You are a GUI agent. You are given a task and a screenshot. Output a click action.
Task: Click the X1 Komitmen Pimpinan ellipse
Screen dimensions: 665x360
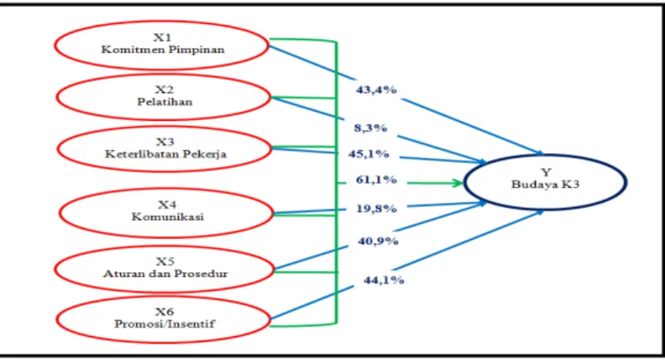[x=162, y=22]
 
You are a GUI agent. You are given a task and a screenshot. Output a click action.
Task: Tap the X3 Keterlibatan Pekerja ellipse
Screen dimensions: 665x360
[x=164, y=127]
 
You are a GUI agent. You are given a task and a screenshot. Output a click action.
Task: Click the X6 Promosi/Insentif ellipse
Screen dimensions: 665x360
[x=163, y=296]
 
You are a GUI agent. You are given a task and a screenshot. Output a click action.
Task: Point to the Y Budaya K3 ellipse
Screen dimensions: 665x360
[x=545, y=155]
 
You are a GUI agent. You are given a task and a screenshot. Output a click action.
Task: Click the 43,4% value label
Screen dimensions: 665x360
[x=376, y=90]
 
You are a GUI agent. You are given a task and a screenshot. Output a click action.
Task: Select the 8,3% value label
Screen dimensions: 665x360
[x=371, y=128]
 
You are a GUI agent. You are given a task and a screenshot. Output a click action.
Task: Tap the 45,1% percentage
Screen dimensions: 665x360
[x=369, y=154]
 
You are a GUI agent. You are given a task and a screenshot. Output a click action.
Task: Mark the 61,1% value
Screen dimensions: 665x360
[x=376, y=180]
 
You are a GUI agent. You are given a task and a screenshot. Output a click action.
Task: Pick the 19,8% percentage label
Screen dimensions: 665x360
[x=376, y=208]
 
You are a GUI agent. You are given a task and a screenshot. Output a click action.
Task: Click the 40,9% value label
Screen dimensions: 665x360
[x=378, y=242]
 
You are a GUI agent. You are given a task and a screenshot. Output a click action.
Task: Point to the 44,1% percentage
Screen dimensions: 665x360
[x=384, y=280]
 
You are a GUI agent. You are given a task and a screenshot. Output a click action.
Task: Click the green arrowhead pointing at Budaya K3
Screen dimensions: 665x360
[x=458, y=183]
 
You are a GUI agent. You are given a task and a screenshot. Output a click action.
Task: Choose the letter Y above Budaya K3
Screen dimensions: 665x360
[x=546, y=172]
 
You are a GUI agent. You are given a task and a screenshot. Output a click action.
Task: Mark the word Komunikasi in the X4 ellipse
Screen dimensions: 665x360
[x=168, y=217]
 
